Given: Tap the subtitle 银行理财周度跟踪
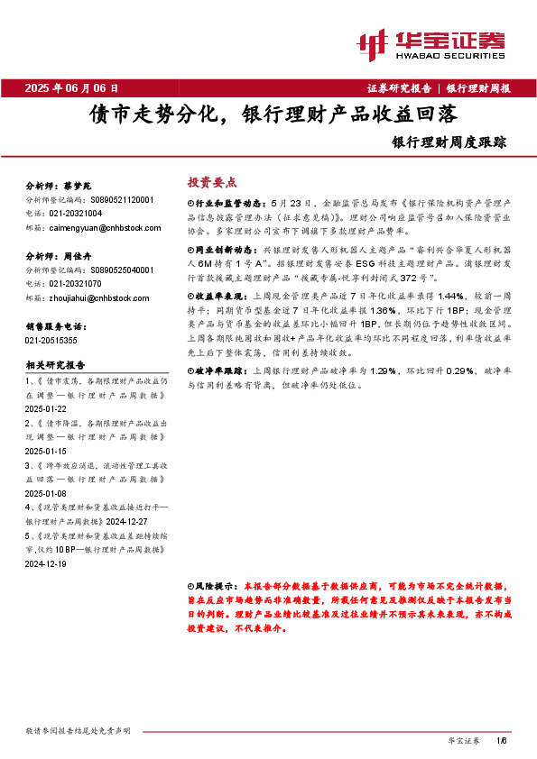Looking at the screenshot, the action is point(462,142).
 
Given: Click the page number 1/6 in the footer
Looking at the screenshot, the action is point(502,741).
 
